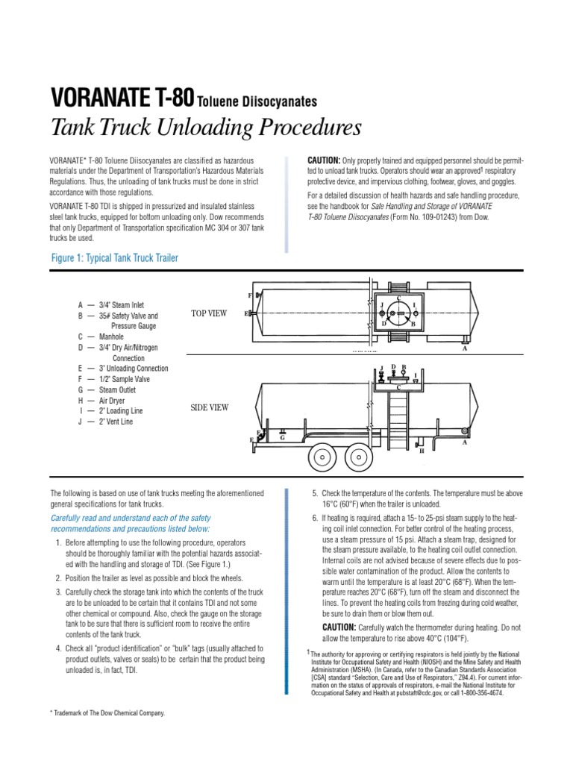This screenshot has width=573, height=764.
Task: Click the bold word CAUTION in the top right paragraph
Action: tap(324, 160)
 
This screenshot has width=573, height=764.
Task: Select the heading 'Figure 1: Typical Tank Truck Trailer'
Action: tap(114, 258)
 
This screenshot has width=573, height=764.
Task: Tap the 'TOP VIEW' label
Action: tap(209, 313)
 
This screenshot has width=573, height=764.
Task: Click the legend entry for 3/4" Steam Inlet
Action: tap(111, 305)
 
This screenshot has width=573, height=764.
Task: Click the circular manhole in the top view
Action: tap(400, 311)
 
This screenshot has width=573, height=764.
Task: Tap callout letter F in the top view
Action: tap(250, 296)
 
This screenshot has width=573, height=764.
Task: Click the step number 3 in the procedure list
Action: tap(58, 592)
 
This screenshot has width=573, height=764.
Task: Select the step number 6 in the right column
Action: tap(314, 519)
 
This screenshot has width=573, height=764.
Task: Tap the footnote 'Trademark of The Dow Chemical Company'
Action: tap(107, 713)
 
